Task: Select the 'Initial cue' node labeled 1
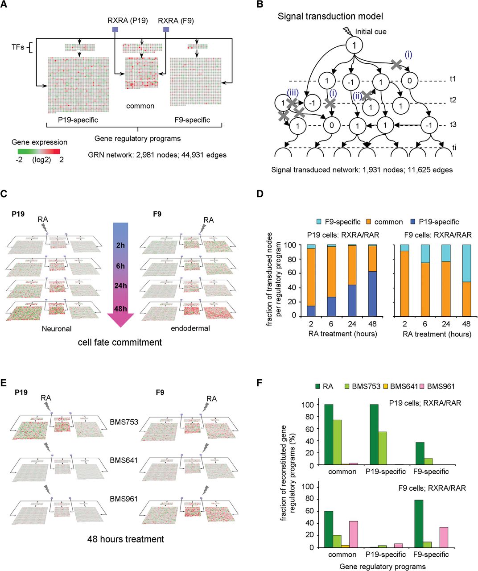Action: point(353,45)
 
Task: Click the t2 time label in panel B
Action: point(453,100)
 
